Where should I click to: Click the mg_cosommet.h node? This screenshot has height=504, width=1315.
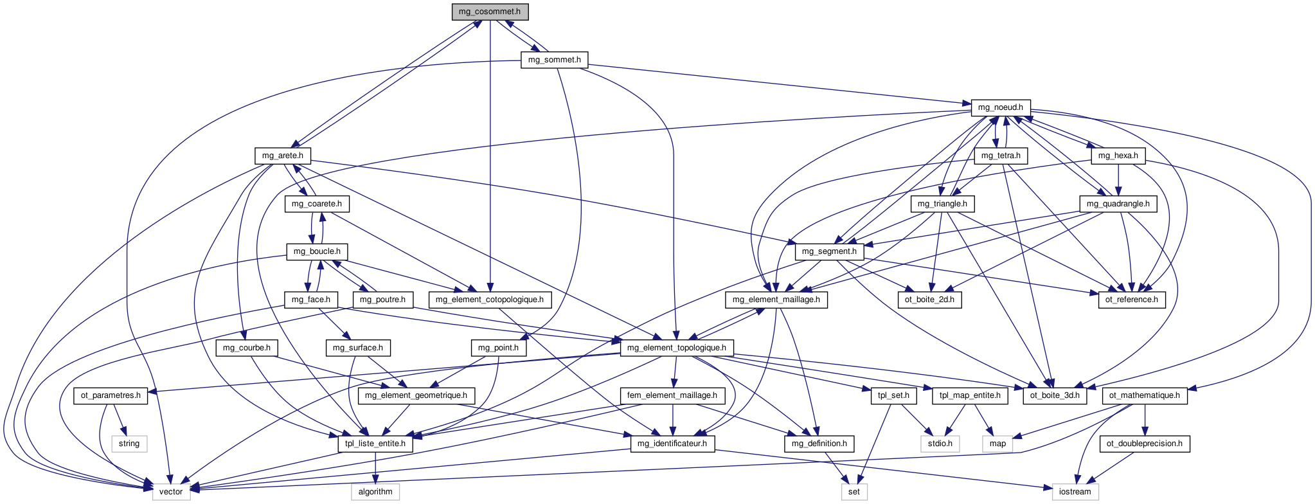[x=490, y=12]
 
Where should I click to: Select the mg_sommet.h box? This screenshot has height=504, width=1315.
[x=554, y=60]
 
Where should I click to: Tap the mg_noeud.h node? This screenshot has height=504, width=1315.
[x=1000, y=108]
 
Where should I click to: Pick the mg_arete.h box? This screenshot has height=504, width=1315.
[x=282, y=156]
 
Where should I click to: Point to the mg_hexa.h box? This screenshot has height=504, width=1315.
[x=1118, y=156]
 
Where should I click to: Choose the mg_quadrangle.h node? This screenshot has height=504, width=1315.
[x=1118, y=204]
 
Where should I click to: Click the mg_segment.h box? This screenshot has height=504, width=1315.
[x=829, y=251]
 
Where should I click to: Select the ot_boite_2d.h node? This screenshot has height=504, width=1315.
[x=929, y=300]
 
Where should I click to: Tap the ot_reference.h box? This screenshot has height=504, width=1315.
[x=1132, y=300]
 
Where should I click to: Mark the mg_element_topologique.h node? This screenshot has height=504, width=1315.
[x=676, y=348]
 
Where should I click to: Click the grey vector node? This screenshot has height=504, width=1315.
[x=171, y=492]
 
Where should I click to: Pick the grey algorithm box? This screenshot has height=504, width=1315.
[x=375, y=492]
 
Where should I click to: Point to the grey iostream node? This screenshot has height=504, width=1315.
[x=1075, y=492]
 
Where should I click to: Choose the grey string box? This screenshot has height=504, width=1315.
[x=129, y=444]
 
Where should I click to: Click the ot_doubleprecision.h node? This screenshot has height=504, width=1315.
[x=1144, y=444]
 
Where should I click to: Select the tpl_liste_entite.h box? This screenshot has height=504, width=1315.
[x=375, y=444]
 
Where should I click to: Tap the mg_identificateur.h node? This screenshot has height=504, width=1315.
[x=672, y=444]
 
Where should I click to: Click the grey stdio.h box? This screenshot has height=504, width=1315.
[x=940, y=444]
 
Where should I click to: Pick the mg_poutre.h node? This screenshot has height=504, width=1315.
[x=382, y=300]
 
